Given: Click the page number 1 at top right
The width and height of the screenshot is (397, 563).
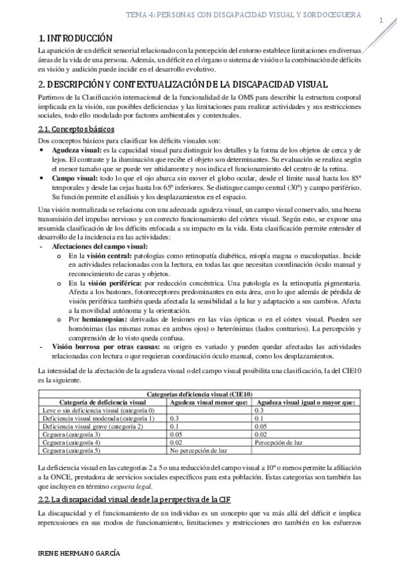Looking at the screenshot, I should click(382, 21).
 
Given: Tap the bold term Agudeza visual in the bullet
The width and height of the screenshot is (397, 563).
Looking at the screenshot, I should click(78, 151).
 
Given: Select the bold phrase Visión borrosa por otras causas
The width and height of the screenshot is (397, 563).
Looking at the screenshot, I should click(106, 347).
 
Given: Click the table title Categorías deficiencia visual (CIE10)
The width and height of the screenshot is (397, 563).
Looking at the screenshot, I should click(198, 394).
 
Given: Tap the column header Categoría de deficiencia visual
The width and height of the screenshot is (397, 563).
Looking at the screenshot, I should click(103, 402).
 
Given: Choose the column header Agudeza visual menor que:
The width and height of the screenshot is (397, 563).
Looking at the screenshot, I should click(209, 402).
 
